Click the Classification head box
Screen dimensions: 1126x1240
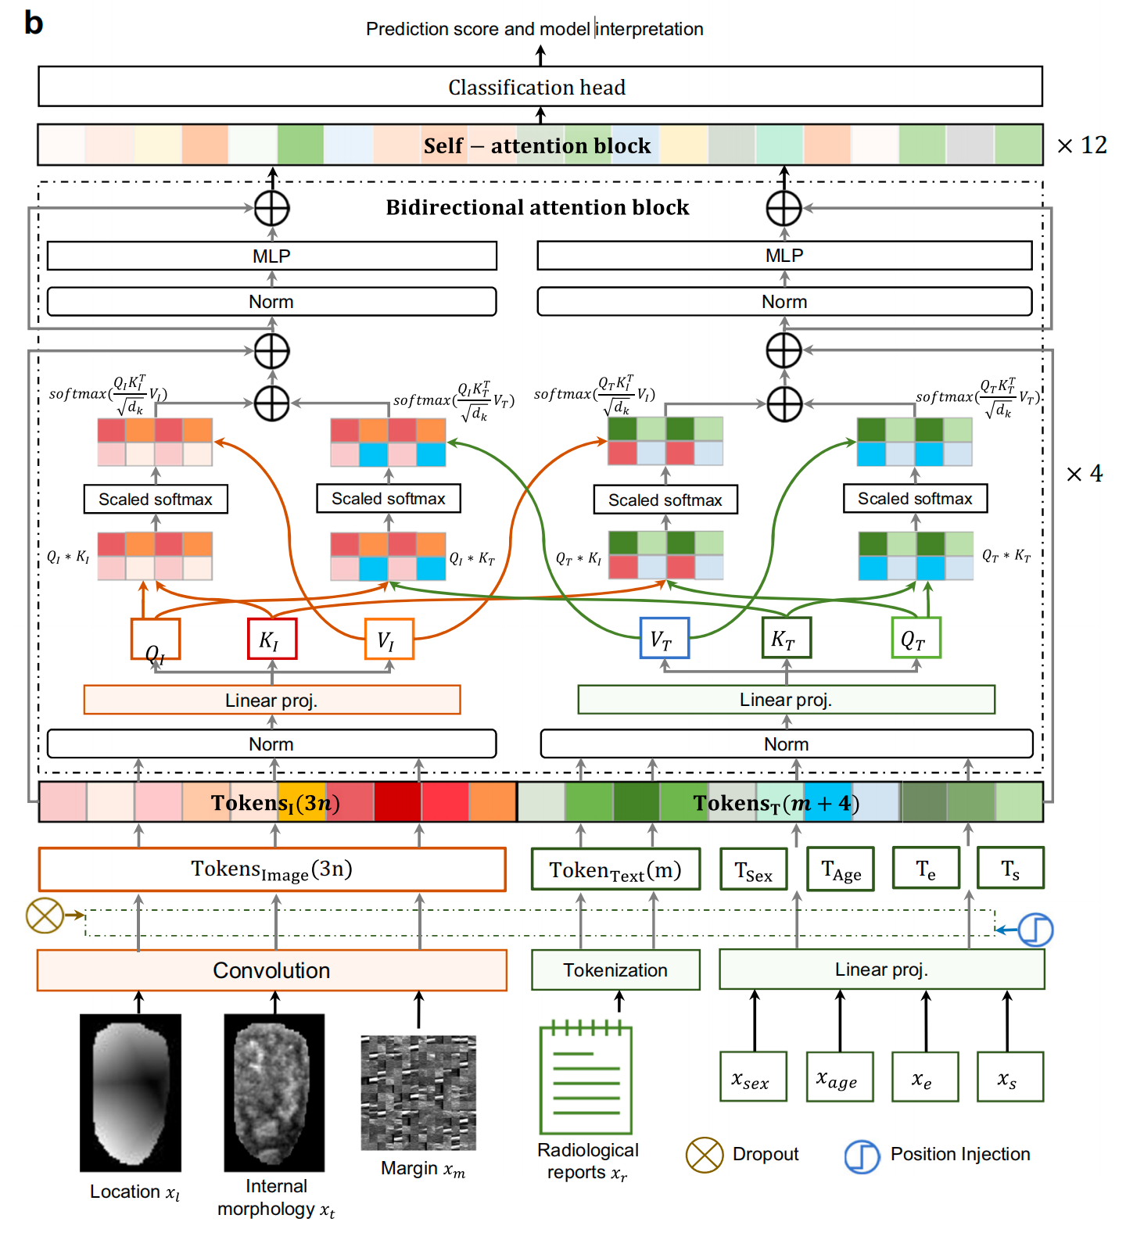pos(540,87)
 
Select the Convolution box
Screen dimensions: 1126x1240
pos(272,970)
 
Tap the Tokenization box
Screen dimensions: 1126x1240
pos(615,969)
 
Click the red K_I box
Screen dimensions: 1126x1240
pos(272,639)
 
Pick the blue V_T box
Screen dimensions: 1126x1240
pos(665,638)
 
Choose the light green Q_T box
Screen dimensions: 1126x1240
pos(916,637)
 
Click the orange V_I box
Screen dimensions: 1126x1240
pos(389,639)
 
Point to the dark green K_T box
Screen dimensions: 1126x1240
pos(787,637)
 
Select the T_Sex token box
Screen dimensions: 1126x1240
pos(753,869)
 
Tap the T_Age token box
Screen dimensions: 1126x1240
pos(840,869)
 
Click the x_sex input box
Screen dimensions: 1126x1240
pos(753,1077)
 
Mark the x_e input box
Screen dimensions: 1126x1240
pos(926,1077)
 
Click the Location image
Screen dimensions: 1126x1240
pos(131,1092)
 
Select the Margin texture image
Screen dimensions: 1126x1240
pos(418,1092)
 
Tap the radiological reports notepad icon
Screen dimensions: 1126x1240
pos(586,1077)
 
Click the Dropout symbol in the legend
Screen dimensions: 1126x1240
pos(705,1155)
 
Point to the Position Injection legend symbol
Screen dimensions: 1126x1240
pos(862,1156)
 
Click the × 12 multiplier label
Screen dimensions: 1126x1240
pos(1081,145)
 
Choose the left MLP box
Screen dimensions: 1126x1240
pos(272,256)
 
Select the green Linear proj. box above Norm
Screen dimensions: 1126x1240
pos(786,700)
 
